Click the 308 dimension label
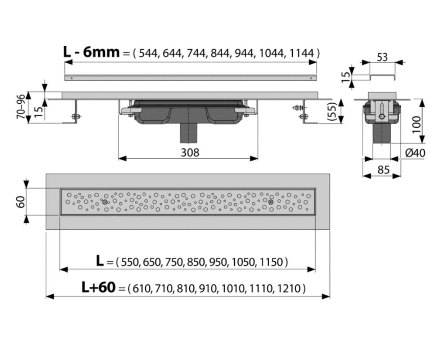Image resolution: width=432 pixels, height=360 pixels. [x=190, y=153]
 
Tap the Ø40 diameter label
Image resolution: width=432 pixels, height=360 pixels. [x=415, y=153]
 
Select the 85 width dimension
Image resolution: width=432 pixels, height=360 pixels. [x=383, y=170]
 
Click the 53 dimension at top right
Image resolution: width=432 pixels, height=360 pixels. [x=382, y=57]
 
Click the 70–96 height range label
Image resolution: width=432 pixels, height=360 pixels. [x=21, y=107]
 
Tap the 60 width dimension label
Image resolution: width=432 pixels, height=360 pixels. [x=21, y=202]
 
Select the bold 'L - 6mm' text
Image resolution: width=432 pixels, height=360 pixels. [x=91, y=52]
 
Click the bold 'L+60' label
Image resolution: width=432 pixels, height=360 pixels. [x=98, y=288]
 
